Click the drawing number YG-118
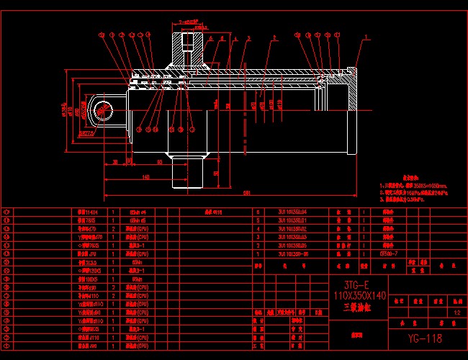click(423, 337)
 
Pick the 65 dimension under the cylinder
click(159, 163)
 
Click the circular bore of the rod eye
click(102, 110)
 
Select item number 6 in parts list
click(258, 212)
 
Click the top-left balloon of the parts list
click(8, 212)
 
